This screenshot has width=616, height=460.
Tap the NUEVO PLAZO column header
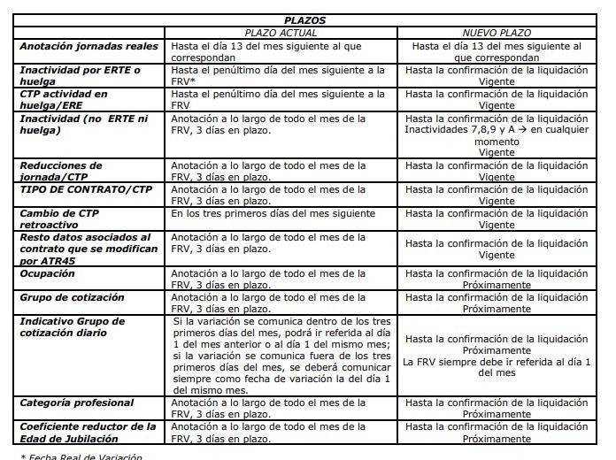(x=497, y=31)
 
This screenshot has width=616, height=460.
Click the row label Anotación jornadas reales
(x=89, y=45)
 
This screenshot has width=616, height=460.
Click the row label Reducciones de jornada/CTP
(x=62, y=172)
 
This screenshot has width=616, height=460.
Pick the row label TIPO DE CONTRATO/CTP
(x=86, y=189)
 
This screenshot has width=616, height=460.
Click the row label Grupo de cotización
(x=73, y=298)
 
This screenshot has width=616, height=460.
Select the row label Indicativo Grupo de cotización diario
(x=73, y=327)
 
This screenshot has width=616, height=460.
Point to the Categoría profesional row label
(x=77, y=403)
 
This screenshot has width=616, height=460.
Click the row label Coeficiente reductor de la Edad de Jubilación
(x=88, y=433)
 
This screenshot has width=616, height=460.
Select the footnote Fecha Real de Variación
(x=81, y=456)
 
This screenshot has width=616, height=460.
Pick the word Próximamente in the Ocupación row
(x=497, y=287)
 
